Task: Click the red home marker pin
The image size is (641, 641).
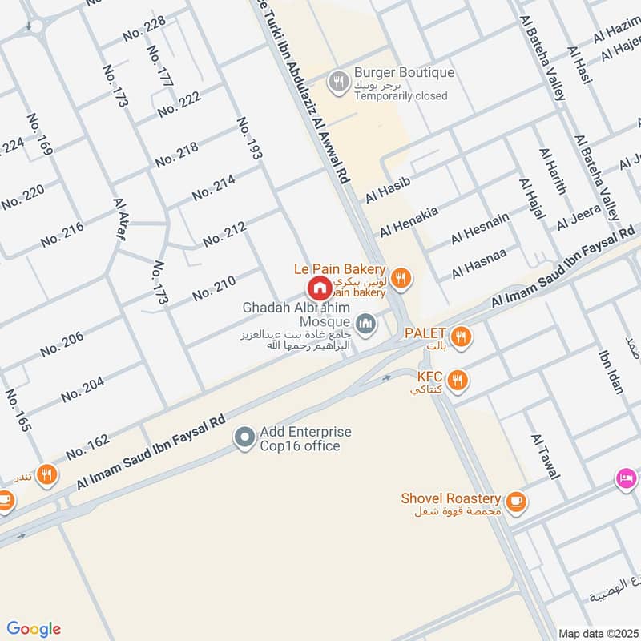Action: [x=319, y=288]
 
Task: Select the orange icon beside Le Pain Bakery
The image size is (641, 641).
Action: [x=401, y=278]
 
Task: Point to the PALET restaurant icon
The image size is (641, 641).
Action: [x=459, y=335]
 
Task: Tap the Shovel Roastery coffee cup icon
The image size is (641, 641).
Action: [x=515, y=501]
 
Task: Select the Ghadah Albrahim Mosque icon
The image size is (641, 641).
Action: [x=366, y=323]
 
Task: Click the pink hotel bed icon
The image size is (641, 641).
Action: [x=627, y=478]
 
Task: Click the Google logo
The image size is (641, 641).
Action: [x=34, y=629]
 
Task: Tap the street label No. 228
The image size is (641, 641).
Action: [x=144, y=29]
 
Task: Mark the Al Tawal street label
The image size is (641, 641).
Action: [x=544, y=458]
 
